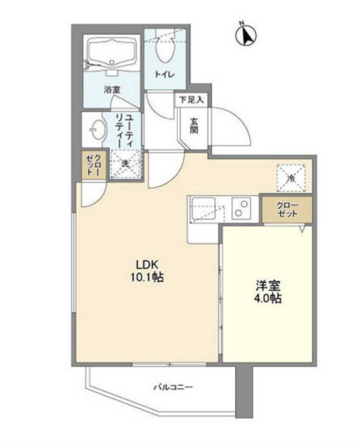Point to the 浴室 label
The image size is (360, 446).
coord(111,90)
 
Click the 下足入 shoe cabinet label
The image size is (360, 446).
coord(191,99)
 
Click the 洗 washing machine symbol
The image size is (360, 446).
coord(125,163)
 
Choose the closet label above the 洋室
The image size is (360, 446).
coord(286,209)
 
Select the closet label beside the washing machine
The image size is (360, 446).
coord(93,165)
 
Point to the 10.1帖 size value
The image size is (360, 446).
coord(146,277)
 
